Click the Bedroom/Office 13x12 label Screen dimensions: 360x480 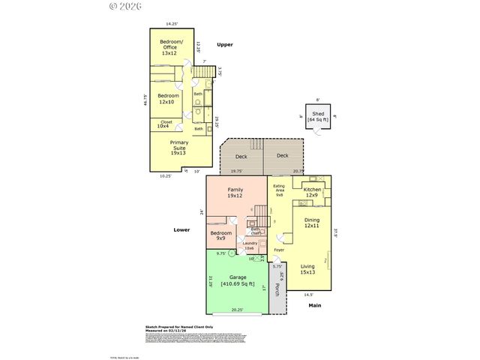click(170, 48)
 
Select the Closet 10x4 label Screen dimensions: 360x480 click(166, 124)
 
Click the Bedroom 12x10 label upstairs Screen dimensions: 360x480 click(168, 98)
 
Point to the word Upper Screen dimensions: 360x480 click(225, 45)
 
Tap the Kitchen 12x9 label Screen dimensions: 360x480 click(312, 193)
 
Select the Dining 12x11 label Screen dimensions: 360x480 click(312, 223)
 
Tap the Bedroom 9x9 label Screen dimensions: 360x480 click(220, 236)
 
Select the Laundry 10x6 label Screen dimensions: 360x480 click(249, 245)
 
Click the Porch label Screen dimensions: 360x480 click(277, 289)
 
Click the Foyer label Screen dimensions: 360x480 click(278, 250)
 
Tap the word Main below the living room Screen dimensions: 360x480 click(315, 305)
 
